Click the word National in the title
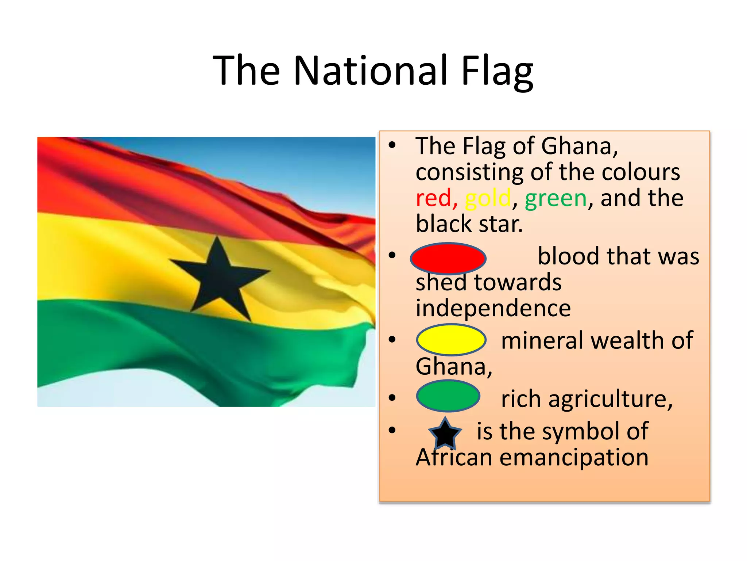[x=370, y=70]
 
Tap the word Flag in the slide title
[x=497, y=70]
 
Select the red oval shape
[x=448, y=258]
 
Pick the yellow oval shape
[x=451, y=340]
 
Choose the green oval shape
[x=448, y=396]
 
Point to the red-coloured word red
[x=433, y=198]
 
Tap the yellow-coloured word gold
[x=488, y=198]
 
